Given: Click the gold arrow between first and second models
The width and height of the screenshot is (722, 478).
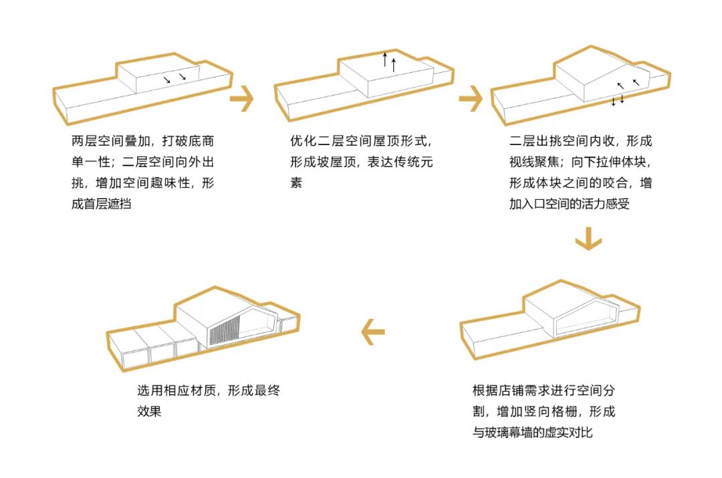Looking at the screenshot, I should tap(241, 100).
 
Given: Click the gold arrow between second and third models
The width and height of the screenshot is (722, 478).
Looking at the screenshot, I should tap(471, 100).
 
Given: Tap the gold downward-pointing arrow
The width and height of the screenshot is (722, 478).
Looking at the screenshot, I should tap(588, 239).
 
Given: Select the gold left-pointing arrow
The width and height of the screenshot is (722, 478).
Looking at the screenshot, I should tap(374, 332).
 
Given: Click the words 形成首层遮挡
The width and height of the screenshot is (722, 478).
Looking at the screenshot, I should tap(101, 204).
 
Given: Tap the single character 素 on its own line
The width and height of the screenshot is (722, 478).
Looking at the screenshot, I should tap(296, 183).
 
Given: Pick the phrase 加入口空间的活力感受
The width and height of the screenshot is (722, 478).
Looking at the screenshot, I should tap(570, 204).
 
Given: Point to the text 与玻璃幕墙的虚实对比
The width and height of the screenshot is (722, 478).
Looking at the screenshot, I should tap(532, 432).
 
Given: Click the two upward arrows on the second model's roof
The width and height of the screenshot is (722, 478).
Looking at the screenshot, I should tap(389, 62).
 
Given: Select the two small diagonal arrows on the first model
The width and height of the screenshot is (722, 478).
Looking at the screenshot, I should tap(173, 78).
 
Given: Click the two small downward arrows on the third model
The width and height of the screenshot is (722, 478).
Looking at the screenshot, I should tap(618, 100).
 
